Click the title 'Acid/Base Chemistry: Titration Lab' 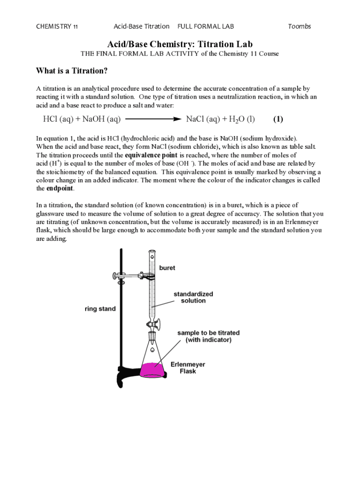[x=180, y=44]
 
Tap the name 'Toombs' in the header [x=299, y=26]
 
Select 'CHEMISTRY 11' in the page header [x=57, y=26]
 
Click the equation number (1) [x=278, y=119]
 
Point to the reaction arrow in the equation [x=153, y=119]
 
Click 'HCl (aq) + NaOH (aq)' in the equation [x=82, y=119]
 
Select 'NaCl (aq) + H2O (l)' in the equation [x=220, y=119]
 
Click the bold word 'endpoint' [x=60, y=189]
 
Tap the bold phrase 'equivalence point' [x=151, y=155]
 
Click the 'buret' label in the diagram [x=167, y=268]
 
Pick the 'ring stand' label [x=100, y=309]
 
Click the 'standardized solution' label [x=193, y=297]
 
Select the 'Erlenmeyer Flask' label [x=188, y=368]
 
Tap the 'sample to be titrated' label [x=209, y=333]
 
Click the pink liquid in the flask [x=152, y=370]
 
